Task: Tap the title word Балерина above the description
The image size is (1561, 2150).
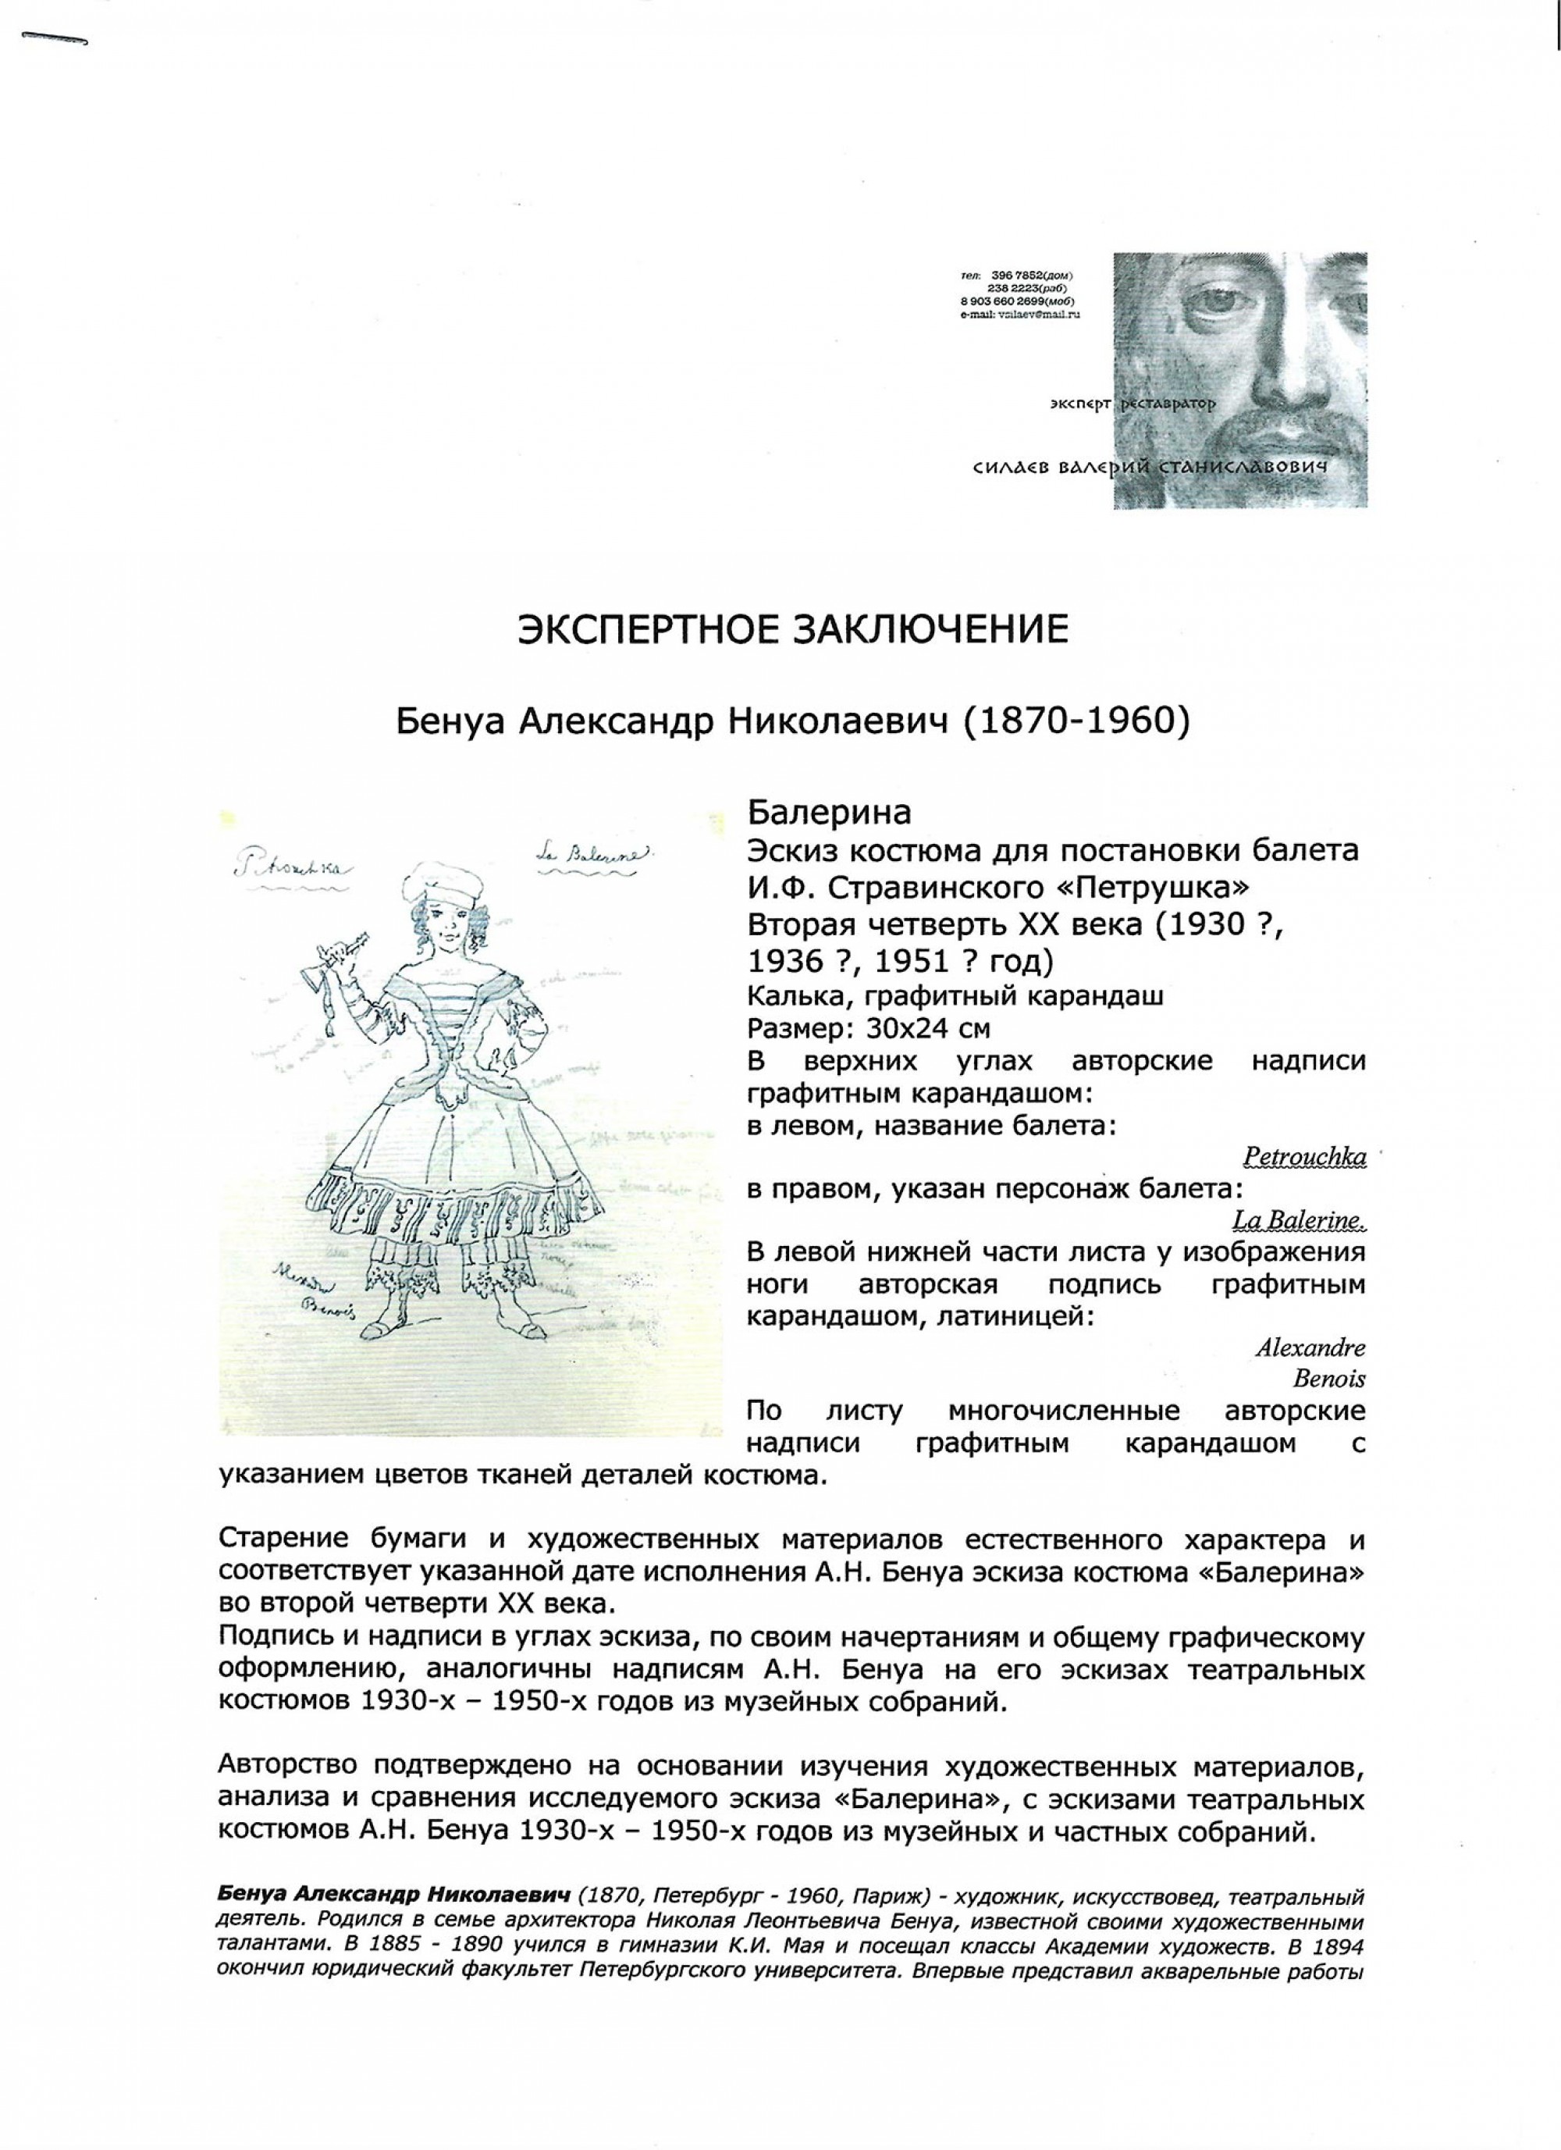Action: click(830, 813)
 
